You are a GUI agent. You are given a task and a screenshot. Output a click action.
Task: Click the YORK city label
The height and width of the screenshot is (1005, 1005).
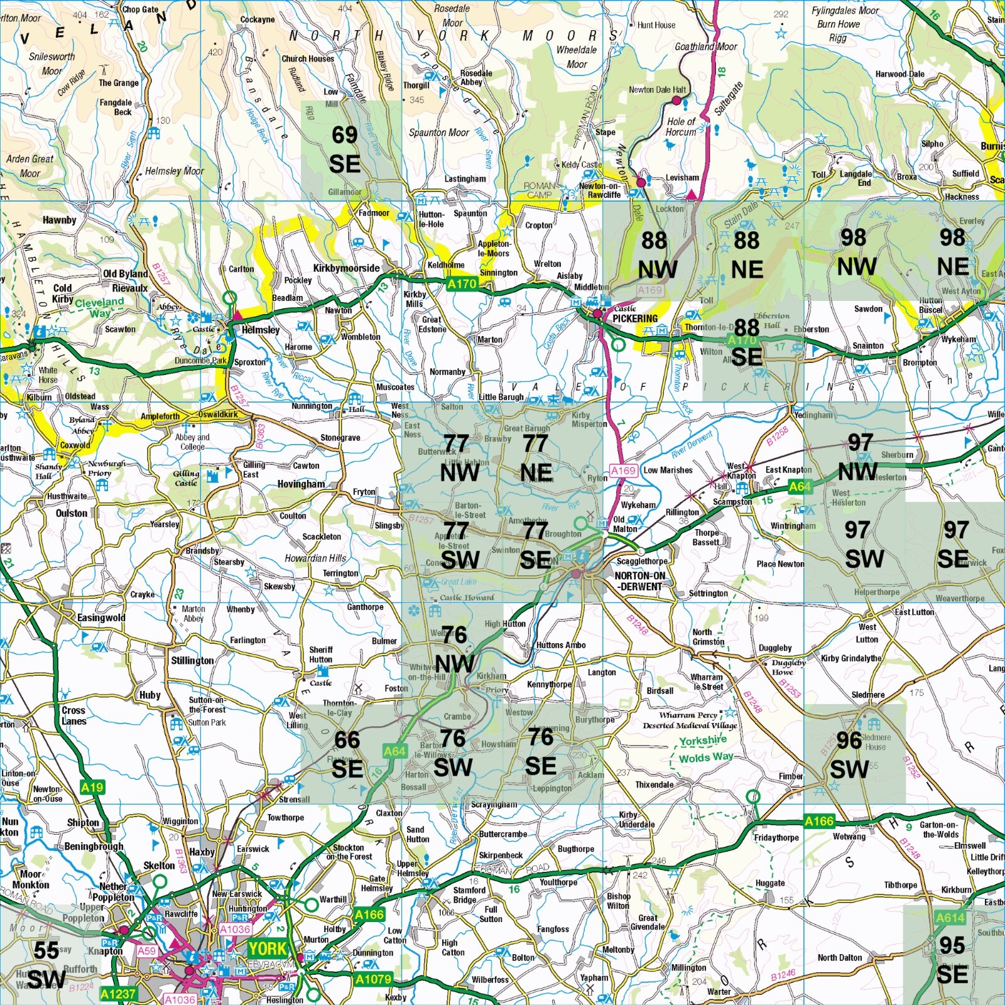pyautogui.click(x=267, y=948)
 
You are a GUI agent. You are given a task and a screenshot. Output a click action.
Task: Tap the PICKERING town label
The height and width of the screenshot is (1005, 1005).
pyautogui.click(x=635, y=318)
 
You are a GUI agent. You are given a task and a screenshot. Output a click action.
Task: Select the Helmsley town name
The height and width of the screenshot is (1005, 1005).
pyautogui.click(x=261, y=330)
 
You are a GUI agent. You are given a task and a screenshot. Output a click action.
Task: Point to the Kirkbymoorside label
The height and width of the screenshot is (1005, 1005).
pyautogui.click(x=346, y=268)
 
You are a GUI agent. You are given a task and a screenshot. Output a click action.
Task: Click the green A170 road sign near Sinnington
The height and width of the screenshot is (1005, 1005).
pyautogui.click(x=462, y=284)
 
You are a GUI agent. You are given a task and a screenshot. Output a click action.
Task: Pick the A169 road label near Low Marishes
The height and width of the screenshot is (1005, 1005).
pyautogui.click(x=623, y=470)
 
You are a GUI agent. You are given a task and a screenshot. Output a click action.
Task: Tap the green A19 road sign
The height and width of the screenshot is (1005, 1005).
pyautogui.click(x=92, y=787)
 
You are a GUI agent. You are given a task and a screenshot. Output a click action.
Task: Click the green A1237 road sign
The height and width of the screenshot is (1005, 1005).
pyautogui.click(x=118, y=993)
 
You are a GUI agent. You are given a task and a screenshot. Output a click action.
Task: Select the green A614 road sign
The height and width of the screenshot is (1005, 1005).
pyautogui.click(x=950, y=918)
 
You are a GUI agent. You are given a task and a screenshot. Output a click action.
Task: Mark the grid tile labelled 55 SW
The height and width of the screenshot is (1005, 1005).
pyautogui.click(x=44, y=964)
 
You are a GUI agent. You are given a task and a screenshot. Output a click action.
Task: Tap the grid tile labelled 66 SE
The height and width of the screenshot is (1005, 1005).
pyautogui.click(x=347, y=754)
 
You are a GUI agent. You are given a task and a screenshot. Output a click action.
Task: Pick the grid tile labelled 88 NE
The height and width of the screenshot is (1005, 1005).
pyautogui.click(x=747, y=254)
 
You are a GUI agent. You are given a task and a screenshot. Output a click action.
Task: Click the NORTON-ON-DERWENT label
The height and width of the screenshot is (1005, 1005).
pyautogui.click(x=639, y=581)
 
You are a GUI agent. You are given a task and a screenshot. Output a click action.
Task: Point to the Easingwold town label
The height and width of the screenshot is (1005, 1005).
pyautogui.click(x=100, y=618)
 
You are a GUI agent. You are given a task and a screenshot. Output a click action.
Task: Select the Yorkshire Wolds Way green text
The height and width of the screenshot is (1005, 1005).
pyautogui.click(x=704, y=749)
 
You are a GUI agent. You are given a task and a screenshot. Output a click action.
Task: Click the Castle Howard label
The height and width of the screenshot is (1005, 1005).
pyautogui.click(x=467, y=597)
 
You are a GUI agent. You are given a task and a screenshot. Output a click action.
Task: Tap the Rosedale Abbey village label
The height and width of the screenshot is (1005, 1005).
pyautogui.click(x=475, y=77)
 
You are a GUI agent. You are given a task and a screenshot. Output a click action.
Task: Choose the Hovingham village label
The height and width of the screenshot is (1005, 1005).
pyautogui.click(x=301, y=484)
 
